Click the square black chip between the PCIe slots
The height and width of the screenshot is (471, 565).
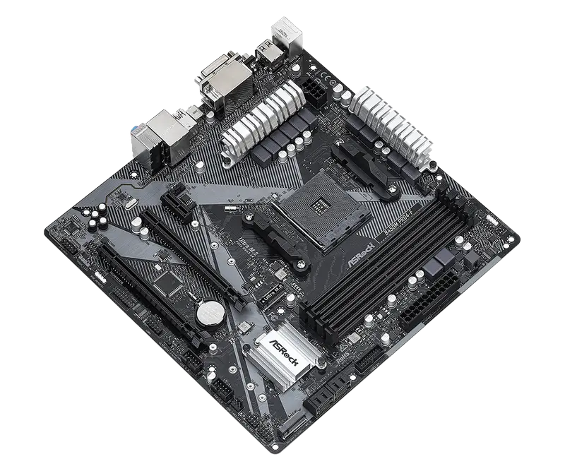(169, 282)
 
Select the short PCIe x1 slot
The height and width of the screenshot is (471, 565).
(179, 203)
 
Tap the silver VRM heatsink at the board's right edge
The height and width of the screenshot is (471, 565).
(393, 127)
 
